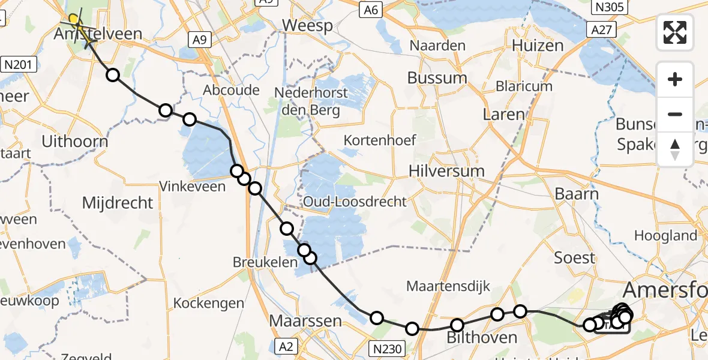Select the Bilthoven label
pyautogui.click(x=482, y=338)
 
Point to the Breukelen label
pyautogui.click(x=265, y=263)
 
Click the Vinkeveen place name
pyautogui.click(x=193, y=187)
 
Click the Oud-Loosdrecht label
pyautogui.click(x=355, y=202)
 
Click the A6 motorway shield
pyautogui.click(x=370, y=10)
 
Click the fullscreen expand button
pyautogui.click(x=675, y=32)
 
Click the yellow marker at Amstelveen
pyautogui.click(x=74, y=20)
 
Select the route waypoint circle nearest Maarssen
pyautogui.click(x=376, y=318)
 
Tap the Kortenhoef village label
pyautogui.click(x=380, y=140)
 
